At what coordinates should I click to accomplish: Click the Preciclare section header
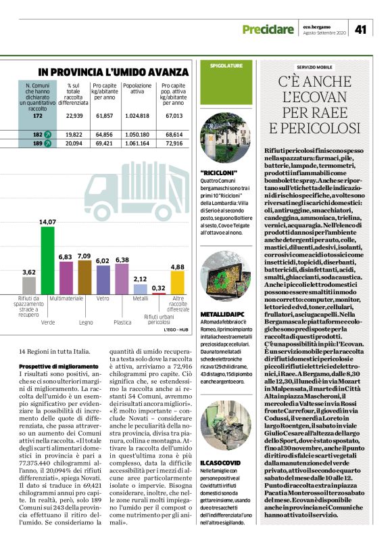[x=268, y=29]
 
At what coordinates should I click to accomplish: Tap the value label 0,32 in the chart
[x=159, y=288]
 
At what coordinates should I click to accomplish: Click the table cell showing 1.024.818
[x=137, y=116]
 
